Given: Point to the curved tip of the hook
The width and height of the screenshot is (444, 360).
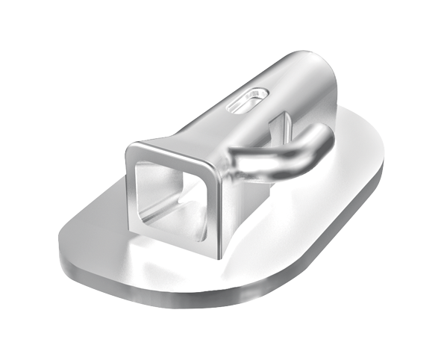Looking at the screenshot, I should click(322, 135).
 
